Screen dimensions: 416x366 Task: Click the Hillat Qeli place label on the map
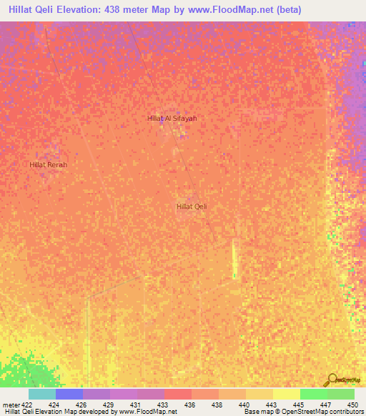[x=191, y=207]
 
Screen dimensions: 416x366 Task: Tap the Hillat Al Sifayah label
[x=171, y=118]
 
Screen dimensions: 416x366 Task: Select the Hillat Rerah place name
[x=48, y=164]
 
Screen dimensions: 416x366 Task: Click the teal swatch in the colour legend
[x=42, y=394]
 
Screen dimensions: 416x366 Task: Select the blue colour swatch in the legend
[x=69, y=394]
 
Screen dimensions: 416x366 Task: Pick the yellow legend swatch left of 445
[x=286, y=394]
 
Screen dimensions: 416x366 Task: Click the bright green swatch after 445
[x=313, y=394]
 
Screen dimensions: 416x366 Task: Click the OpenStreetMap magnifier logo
[x=333, y=380]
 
